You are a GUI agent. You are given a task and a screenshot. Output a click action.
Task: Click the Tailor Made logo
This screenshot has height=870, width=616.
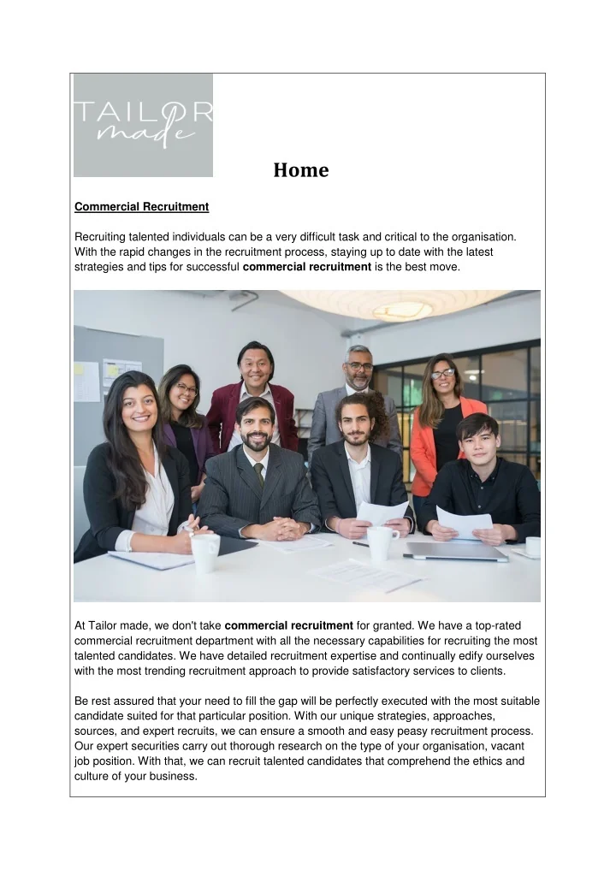pyautogui.click(x=143, y=125)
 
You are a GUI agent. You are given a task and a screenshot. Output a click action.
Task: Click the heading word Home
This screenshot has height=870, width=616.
pyautogui.click(x=301, y=170)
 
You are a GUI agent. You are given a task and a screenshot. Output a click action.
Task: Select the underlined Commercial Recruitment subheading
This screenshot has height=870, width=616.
pyautogui.click(x=142, y=207)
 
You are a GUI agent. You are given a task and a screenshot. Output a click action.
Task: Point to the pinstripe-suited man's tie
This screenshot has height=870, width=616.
pyautogui.click(x=259, y=474)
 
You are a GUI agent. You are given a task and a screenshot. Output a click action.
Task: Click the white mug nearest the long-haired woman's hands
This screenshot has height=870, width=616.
pyautogui.click(x=205, y=553)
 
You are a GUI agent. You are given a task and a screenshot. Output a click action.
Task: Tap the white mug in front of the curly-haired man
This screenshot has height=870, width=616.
pyautogui.click(x=382, y=542)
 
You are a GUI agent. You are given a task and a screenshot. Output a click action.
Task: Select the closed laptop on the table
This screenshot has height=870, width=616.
pyautogui.click(x=457, y=552)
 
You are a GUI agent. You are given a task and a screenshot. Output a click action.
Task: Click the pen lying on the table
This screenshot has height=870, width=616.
pyautogui.click(x=360, y=544)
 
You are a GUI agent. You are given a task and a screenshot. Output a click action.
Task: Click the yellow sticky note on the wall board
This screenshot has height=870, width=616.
pyautogui.click(x=87, y=382)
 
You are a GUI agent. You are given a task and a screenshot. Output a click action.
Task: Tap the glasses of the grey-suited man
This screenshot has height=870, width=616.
pyautogui.click(x=360, y=366)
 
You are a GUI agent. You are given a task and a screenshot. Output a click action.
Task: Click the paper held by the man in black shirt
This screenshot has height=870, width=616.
pyautogui.click(x=464, y=521)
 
